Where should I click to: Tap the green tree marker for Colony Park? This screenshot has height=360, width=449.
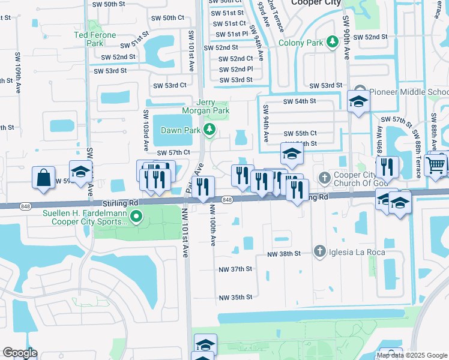coord(333,42)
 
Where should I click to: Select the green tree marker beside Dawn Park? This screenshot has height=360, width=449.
coord(209,129)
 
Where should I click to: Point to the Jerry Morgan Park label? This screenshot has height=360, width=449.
coord(205,107)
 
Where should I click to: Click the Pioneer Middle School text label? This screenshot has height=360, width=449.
coord(408,92)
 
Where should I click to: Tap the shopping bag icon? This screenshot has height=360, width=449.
coord(44,178)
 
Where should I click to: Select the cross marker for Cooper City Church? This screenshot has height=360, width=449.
coord(324,178)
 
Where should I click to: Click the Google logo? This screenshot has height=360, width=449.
coord(20,353)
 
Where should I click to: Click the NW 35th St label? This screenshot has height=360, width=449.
coord(236,297)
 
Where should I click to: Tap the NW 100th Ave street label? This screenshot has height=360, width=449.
coord(212,225)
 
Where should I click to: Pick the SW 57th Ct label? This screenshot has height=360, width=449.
coord(173,153)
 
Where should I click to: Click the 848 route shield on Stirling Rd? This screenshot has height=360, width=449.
coord(226,200)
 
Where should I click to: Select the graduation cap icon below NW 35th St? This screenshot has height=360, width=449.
coord(205,344)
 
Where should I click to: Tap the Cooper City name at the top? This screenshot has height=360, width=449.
coord(316,3)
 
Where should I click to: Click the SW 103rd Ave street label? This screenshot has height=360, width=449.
coord(146,130)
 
